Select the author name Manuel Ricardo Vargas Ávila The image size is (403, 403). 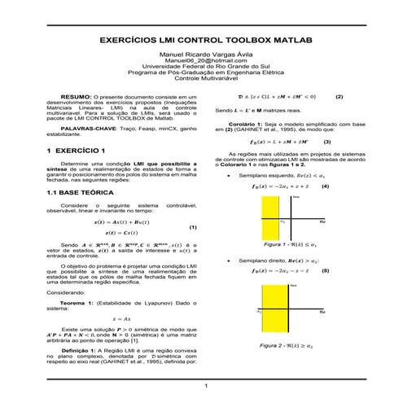[201, 53]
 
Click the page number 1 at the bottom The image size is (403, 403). [207, 385]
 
